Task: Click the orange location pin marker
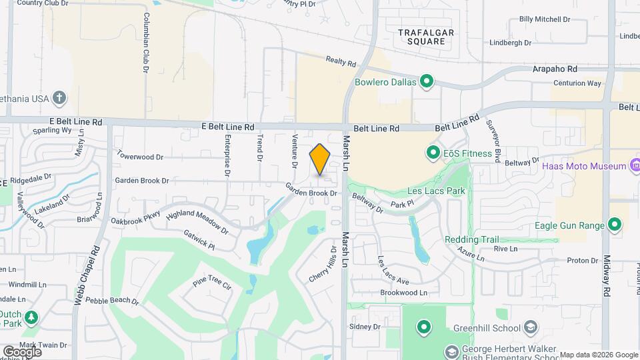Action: tap(320, 159)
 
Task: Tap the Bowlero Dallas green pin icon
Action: tap(427, 83)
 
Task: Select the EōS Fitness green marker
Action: tap(433, 153)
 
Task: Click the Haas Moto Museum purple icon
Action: tap(635, 165)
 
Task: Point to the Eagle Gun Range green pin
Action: tap(615, 225)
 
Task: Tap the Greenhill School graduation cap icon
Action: tap(530, 327)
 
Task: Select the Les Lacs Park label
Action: tap(437, 191)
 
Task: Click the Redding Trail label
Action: tap(471, 240)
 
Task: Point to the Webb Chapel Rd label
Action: tap(87, 275)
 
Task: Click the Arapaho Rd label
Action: tap(555, 69)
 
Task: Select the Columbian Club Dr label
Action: tap(145, 42)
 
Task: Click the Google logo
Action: tap(22, 351)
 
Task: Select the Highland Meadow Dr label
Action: tap(197, 223)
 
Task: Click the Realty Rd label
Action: tap(341, 62)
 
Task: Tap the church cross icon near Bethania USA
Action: tap(59, 99)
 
